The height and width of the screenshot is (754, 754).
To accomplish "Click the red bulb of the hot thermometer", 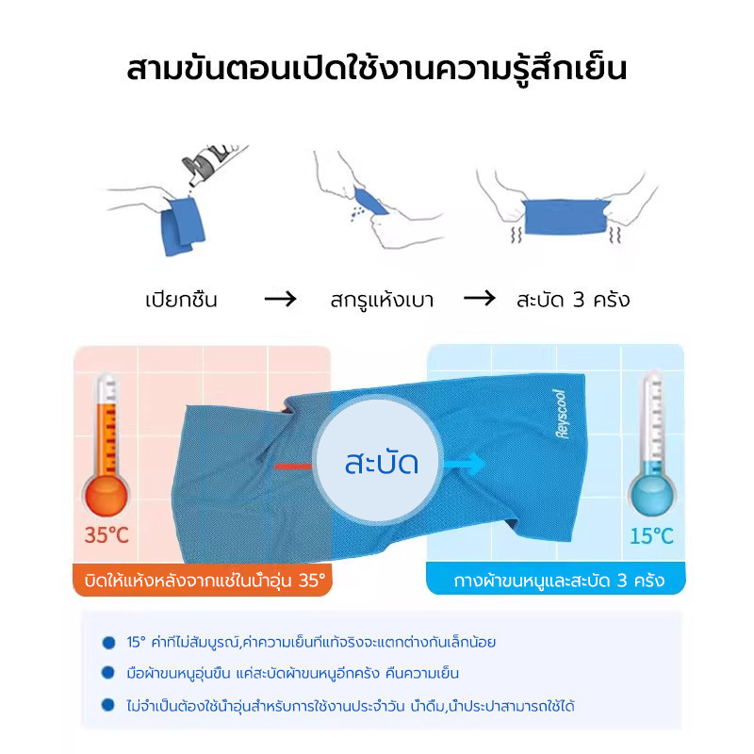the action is pyautogui.click(x=106, y=496).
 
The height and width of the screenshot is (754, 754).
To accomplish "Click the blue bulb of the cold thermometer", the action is pyautogui.click(x=651, y=496).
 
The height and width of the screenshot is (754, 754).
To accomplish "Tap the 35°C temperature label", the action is pyautogui.click(x=107, y=535).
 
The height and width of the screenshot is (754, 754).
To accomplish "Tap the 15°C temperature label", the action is pyautogui.click(x=651, y=535).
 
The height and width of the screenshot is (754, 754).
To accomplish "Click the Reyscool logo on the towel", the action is pyautogui.click(x=561, y=414).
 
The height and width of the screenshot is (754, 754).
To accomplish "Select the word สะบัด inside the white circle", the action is pyautogui.click(x=381, y=464).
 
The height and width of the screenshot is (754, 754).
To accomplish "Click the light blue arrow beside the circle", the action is pyautogui.click(x=465, y=464).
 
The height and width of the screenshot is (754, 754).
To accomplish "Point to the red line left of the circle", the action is pyautogui.click(x=293, y=467).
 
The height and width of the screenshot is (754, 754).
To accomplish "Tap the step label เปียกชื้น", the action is pyautogui.click(x=181, y=300).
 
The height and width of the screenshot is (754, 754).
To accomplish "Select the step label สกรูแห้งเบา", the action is pyautogui.click(x=382, y=300).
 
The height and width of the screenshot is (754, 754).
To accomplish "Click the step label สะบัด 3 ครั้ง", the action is pyautogui.click(x=573, y=300).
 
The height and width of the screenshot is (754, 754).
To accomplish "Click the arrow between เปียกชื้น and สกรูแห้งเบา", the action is pyautogui.click(x=281, y=299).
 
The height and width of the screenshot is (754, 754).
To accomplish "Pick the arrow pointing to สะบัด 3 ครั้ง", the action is pyautogui.click(x=480, y=298).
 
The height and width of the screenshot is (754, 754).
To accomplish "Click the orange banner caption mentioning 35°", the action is pyautogui.click(x=205, y=581).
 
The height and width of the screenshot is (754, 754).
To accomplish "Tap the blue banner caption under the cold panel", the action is pyautogui.click(x=559, y=581).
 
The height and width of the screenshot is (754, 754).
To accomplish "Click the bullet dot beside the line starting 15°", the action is pyautogui.click(x=108, y=643).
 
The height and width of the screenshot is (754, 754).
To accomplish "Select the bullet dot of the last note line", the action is pyautogui.click(x=108, y=705).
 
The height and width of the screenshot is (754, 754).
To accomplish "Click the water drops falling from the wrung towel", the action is pyautogui.click(x=357, y=215).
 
